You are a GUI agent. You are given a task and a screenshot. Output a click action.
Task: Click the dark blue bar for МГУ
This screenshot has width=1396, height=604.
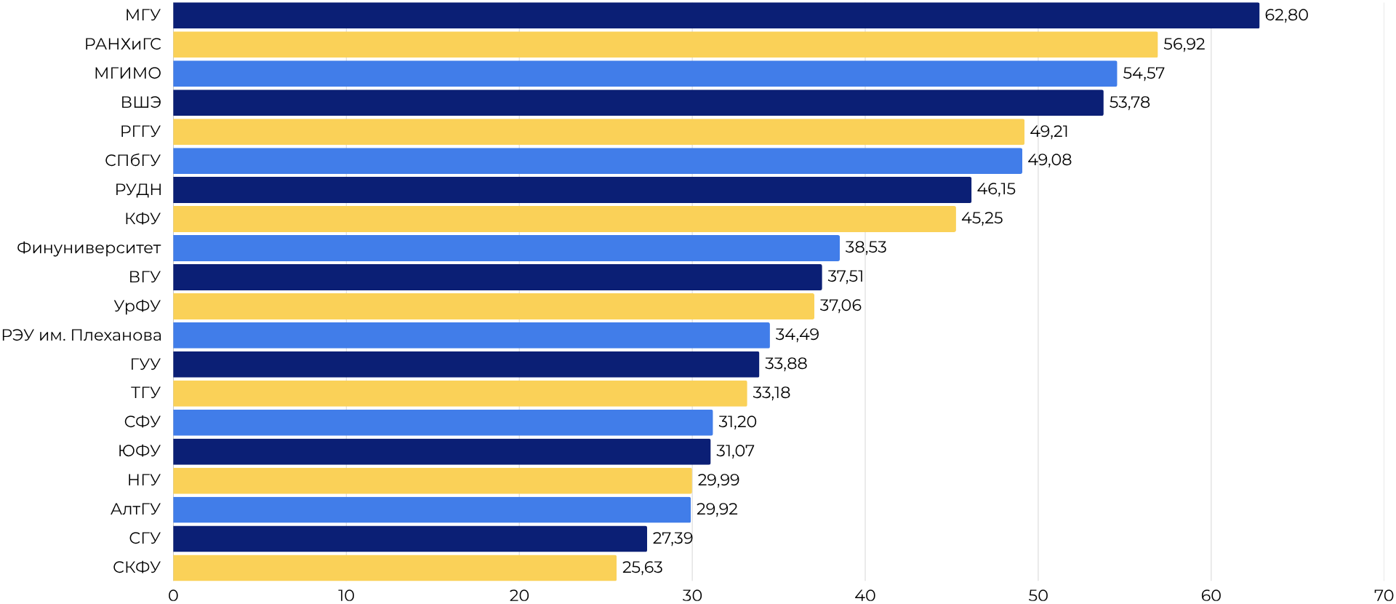pos(715,15)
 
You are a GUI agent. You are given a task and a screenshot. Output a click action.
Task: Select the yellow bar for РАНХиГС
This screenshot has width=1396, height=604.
pos(665,44)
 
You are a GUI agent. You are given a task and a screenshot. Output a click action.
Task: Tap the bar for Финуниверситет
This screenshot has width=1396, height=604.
pos(506,248)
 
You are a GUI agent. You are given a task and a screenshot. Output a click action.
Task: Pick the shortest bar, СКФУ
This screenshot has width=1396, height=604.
pos(394,568)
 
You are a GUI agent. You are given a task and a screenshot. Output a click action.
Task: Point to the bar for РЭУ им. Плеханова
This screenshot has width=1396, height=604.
pos(471,335)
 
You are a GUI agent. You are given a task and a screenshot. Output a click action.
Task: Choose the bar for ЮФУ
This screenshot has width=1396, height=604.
pos(441,451)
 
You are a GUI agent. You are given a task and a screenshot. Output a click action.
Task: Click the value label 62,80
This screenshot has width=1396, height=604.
pos(1286,15)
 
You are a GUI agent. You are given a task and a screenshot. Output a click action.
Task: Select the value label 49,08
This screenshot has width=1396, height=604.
pos(1049,160)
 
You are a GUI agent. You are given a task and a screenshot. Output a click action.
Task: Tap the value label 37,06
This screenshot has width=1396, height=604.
pos(840,306)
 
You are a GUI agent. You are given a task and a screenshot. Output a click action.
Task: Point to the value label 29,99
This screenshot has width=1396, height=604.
pos(718,480)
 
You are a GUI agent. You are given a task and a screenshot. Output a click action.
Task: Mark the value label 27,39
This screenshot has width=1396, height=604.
pos(672,539)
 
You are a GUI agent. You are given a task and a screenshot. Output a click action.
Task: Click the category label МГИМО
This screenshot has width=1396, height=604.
pos(128,73)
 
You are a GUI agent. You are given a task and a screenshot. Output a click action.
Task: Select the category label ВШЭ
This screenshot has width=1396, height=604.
pos(141,103)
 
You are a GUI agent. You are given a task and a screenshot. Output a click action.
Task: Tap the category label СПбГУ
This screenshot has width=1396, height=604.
pos(133,160)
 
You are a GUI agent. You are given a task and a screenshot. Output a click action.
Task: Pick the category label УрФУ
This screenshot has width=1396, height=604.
pos(137,306)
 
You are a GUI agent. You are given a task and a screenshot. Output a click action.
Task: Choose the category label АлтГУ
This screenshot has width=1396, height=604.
pos(136,509)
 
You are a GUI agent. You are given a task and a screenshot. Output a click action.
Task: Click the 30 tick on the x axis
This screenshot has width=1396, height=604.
pos(692,595)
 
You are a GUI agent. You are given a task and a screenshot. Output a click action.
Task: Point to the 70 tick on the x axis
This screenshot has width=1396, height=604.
pos(1384,595)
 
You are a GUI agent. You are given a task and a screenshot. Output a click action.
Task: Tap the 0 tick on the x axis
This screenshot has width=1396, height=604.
pos(173,595)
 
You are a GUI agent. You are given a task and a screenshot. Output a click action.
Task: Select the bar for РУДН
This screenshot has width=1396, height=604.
pos(571,190)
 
